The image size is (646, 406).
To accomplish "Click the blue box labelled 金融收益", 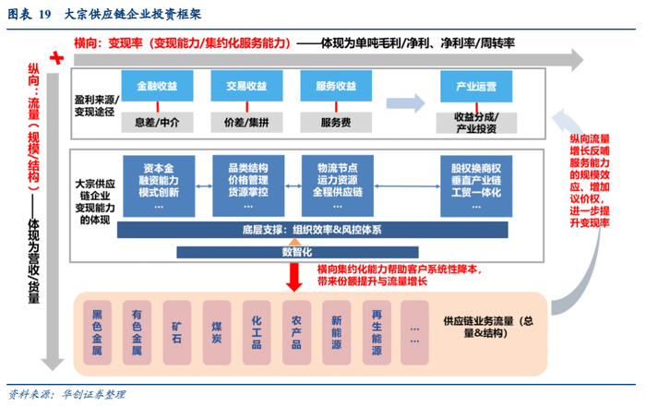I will tap(158, 87).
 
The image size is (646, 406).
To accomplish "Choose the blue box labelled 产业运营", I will tap(476, 88).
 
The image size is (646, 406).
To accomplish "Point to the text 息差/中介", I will tap(158, 121).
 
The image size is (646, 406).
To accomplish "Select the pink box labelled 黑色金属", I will tap(98, 331).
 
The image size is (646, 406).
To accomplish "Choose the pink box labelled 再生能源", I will tap(377, 331).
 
